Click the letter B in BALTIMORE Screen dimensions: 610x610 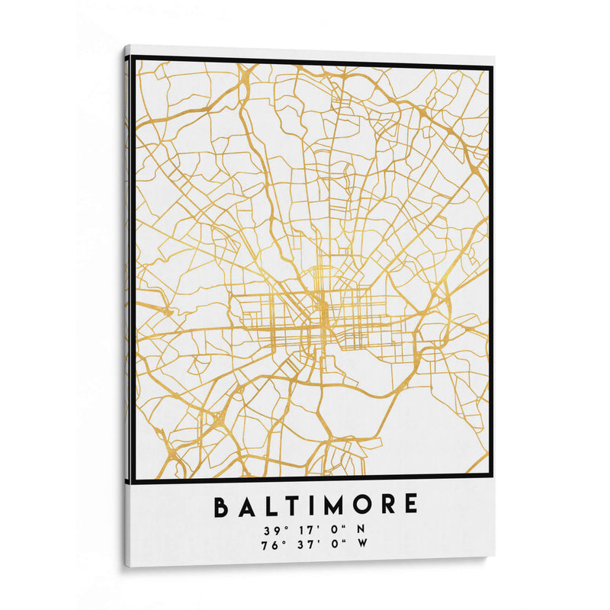[x=222, y=506]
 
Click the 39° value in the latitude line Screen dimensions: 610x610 [x=273, y=530]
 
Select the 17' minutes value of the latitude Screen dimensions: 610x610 [x=306, y=530]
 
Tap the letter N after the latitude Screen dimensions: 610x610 [x=361, y=529]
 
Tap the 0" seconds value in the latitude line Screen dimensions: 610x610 [x=335, y=529]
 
